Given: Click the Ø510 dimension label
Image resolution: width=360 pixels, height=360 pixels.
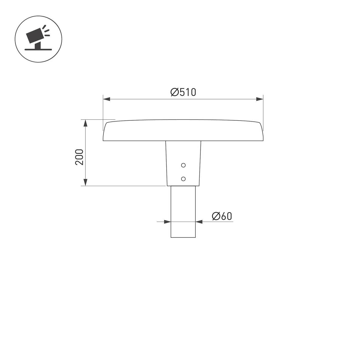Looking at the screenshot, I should [x=183, y=92].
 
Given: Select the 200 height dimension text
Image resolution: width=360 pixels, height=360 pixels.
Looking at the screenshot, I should [x=79, y=157].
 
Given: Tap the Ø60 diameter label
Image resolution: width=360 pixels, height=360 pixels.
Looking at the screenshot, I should [x=222, y=216].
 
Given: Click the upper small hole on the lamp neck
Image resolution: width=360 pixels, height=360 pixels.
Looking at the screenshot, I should [x=183, y=165].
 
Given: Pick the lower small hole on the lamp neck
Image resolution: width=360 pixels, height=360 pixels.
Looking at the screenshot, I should [x=183, y=179].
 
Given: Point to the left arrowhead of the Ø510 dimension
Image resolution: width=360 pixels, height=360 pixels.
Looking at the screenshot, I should [x=106, y=99].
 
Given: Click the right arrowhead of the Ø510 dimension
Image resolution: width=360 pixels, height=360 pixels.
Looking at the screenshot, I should [x=260, y=99].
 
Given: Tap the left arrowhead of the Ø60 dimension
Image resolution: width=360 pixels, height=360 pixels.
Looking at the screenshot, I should [x=167, y=222].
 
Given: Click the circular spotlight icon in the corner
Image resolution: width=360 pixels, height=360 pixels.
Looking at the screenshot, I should [x=39, y=39].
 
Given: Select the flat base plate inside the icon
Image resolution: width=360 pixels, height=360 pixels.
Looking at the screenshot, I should [x=38, y=49].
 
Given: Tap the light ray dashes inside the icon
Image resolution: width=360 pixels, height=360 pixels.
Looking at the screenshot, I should [x=46, y=31].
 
